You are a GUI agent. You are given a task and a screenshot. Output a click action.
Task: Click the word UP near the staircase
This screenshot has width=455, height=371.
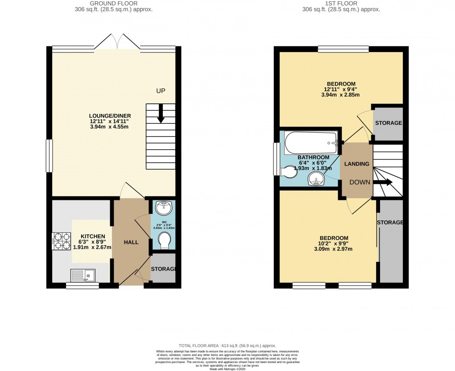coord(161,91)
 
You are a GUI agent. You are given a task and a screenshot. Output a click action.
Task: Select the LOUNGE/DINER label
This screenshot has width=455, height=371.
coord(110,116)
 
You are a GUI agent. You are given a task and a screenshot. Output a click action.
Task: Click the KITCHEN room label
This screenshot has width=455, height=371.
coord(93,236)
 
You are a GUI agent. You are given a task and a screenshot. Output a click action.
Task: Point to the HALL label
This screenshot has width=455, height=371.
coord(131,242)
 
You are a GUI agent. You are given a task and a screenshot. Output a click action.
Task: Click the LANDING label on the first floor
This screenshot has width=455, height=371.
coord(357,164)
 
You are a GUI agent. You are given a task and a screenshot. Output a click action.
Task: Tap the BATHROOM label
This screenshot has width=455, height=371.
coord(314,158)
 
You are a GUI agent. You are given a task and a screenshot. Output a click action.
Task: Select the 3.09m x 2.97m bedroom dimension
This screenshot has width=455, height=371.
coord(333,249)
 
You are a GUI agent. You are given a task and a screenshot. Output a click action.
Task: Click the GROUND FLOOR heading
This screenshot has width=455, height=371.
coord(115,3)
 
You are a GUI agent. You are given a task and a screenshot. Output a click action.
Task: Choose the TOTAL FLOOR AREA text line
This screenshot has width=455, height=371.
coord(227,346)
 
